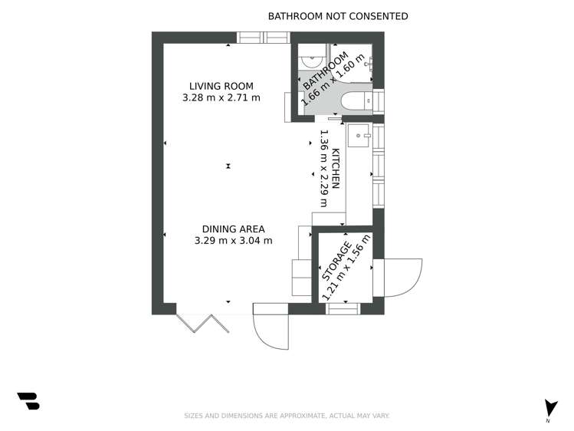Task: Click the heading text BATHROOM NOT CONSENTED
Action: tap(337, 16)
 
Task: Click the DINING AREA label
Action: tap(233, 229)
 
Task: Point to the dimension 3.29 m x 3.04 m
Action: tap(233, 241)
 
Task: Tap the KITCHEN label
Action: tap(336, 170)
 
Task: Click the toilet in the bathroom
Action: tap(355, 100)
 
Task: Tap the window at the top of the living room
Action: tap(263, 38)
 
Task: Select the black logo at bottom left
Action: tap(28, 401)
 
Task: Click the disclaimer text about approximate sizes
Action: tap(287, 416)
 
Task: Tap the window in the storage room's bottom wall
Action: tap(343, 308)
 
